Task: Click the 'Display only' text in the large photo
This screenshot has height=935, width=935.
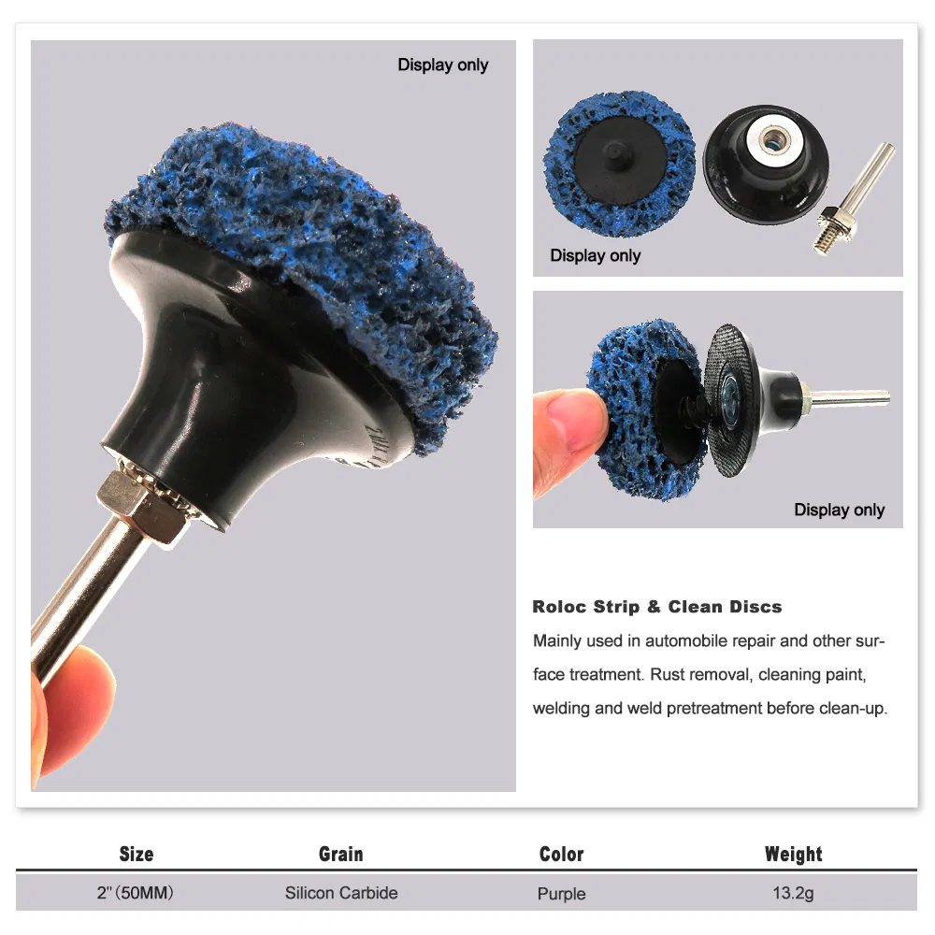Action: pos(443,65)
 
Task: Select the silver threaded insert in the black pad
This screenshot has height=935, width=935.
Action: pos(773,138)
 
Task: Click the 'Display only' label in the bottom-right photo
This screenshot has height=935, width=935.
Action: pos(839,510)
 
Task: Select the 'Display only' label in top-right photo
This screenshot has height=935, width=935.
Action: pos(595,256)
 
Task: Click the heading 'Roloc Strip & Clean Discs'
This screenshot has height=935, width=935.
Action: pos(657,607)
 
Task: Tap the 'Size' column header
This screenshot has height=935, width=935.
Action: pos(137,854)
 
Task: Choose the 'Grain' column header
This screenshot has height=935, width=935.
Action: pos(341,854)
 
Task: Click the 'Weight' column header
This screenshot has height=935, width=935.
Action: pos(794,854)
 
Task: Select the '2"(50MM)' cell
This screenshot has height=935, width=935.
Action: pos(136,893)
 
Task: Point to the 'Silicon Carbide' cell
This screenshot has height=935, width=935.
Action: pos(341,893)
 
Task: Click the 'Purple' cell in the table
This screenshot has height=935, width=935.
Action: pos(561,894)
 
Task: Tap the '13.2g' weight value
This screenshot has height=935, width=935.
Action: pos(793,893)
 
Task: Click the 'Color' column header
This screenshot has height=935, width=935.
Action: pos(562,854)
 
